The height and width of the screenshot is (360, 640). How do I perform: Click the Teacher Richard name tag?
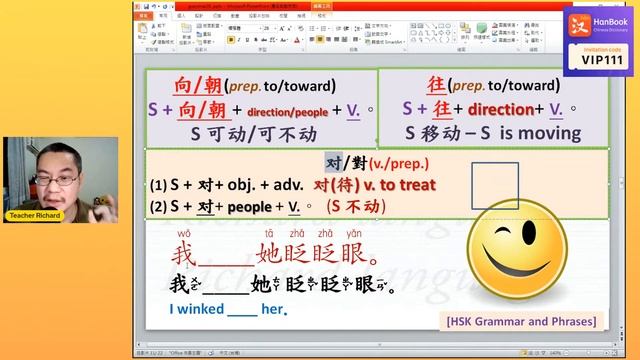35,215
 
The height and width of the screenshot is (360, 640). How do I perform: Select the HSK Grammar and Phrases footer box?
521,320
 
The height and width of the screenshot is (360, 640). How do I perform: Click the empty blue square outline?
495,185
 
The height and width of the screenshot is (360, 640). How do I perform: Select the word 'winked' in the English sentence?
198,309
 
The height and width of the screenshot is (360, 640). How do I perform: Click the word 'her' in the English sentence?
274,309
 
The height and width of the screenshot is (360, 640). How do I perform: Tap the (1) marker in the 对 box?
157,185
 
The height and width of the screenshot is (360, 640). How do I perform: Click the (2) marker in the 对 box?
157,207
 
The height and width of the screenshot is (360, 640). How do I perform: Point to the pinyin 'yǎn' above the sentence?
352,234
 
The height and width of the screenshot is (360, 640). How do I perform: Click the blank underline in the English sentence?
243,311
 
